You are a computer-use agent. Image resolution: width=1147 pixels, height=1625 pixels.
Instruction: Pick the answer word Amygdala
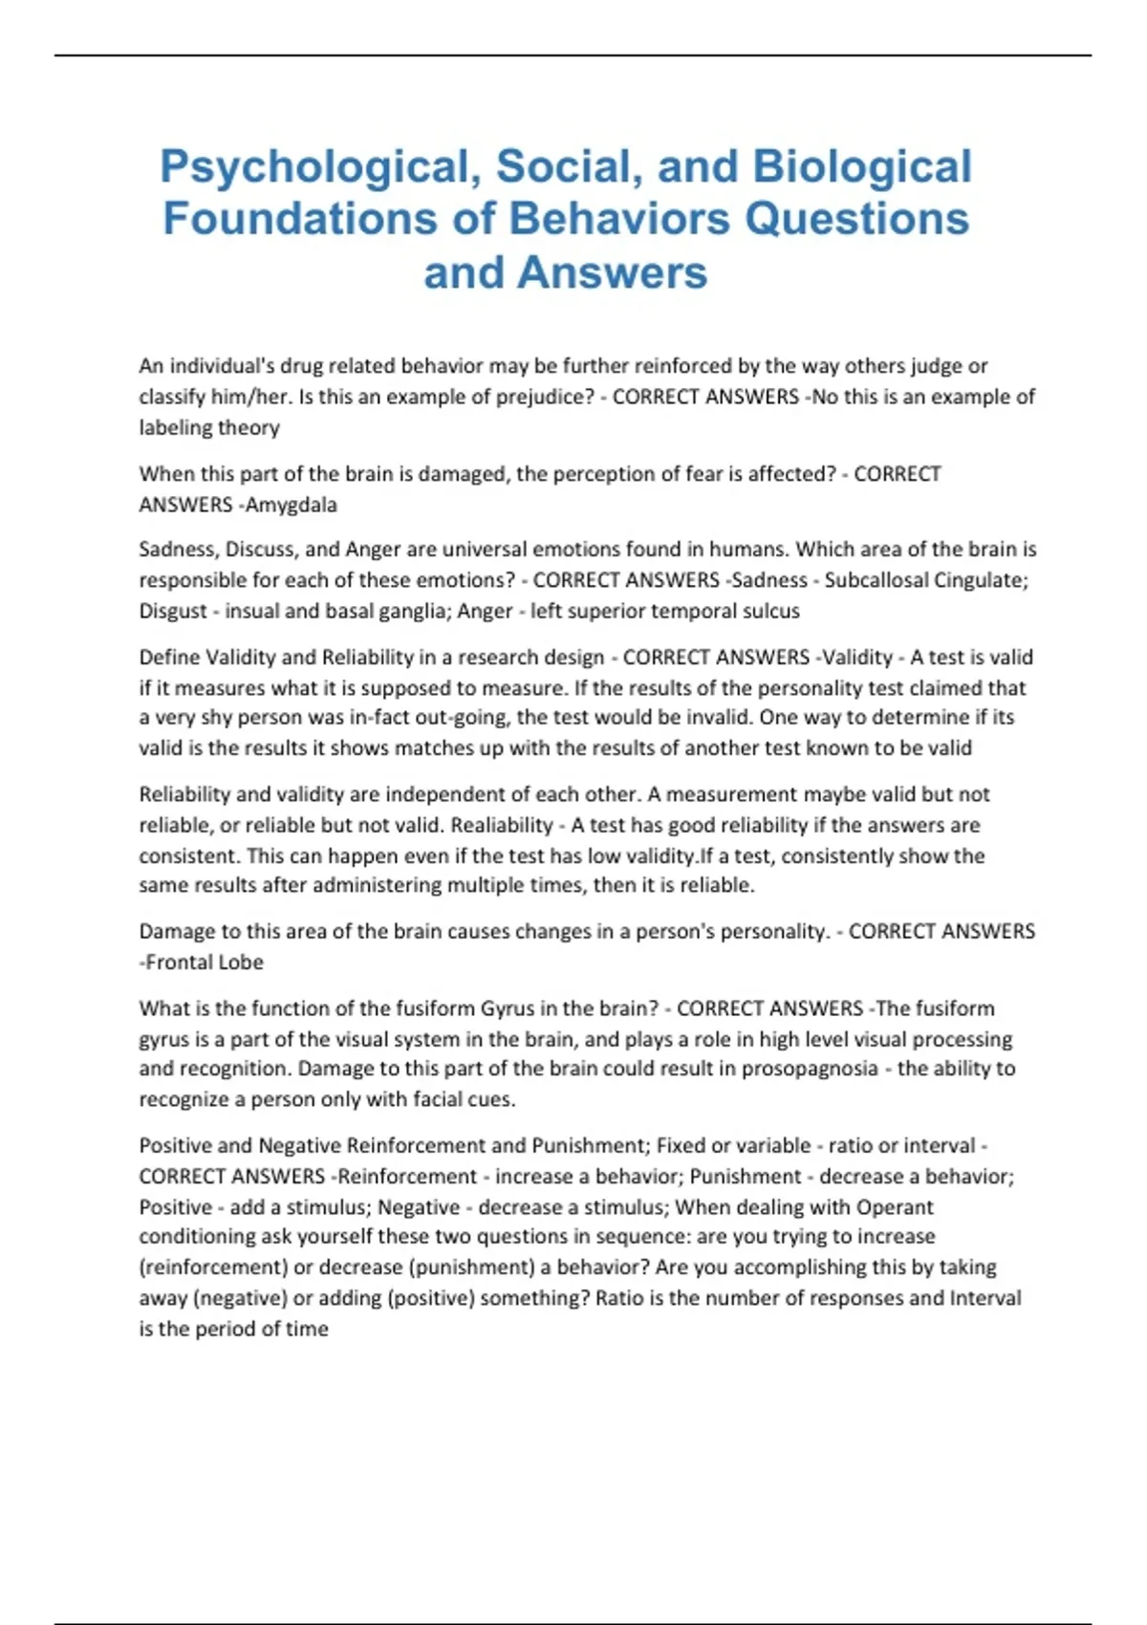tap(292, 505)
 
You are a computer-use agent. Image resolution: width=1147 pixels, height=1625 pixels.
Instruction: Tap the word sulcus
tap(769, 611)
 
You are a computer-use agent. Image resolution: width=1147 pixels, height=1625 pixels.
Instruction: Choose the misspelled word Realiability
tap(502, 825)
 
